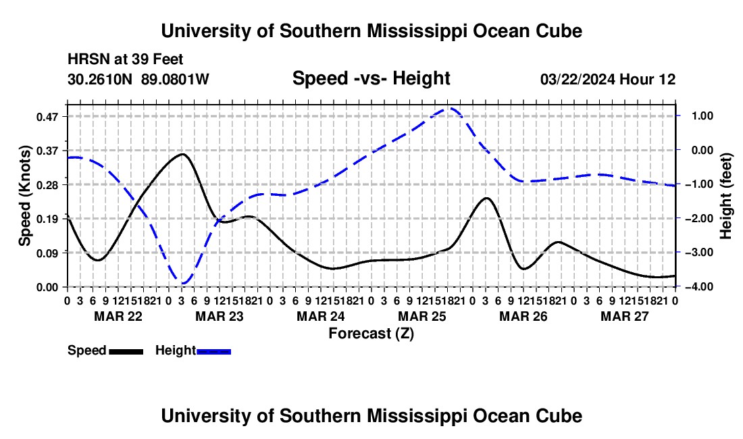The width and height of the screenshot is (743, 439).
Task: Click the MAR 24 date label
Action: click(x=321, y=316)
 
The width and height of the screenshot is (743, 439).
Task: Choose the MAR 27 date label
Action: click(x=625, y=316)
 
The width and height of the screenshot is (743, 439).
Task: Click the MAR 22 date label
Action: click(x=118, y=316)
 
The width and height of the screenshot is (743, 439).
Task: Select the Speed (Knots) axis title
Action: click(x=24, y=196)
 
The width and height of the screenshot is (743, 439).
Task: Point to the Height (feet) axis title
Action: click(x=726, y=196)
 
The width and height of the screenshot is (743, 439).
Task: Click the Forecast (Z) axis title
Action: click(x=371, y=334)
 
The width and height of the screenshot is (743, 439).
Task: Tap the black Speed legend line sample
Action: click(x=126, y=351)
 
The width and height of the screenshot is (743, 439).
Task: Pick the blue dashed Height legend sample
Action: click(x=213, y=351)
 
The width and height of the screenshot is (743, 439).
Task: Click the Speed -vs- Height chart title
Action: click(x=371, y=78)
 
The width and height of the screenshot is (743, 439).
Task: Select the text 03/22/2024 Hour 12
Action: click(x=608, y=79)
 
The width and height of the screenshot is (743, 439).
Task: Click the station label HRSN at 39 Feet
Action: click(x=125, y=59)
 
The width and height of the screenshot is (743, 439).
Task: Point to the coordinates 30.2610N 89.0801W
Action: click(x=138, y=79)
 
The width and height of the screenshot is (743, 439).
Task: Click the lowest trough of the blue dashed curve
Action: click(x=183, y=283)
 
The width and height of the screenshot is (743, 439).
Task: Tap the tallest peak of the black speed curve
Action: click(x=182, y=154)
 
